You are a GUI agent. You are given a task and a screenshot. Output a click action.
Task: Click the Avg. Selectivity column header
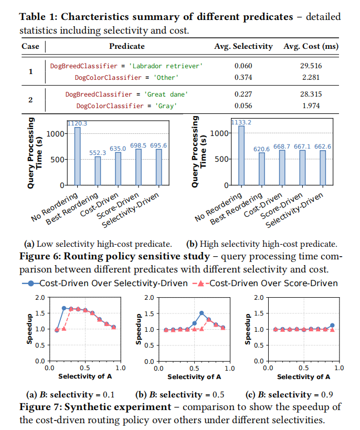coord(243,46)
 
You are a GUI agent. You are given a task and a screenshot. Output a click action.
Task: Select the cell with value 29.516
coord(310,66)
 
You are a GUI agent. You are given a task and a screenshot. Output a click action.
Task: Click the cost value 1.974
coord(310,106)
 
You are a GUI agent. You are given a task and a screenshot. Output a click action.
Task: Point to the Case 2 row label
coord(30,100)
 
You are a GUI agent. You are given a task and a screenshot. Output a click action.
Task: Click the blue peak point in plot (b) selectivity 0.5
coord(202,313)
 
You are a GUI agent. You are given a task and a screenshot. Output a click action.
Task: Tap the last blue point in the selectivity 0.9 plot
coord(332,325)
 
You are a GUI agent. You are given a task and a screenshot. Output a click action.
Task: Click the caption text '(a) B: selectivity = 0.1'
coord(70,395)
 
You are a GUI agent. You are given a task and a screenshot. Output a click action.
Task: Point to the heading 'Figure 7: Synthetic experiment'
coord(94,407)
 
